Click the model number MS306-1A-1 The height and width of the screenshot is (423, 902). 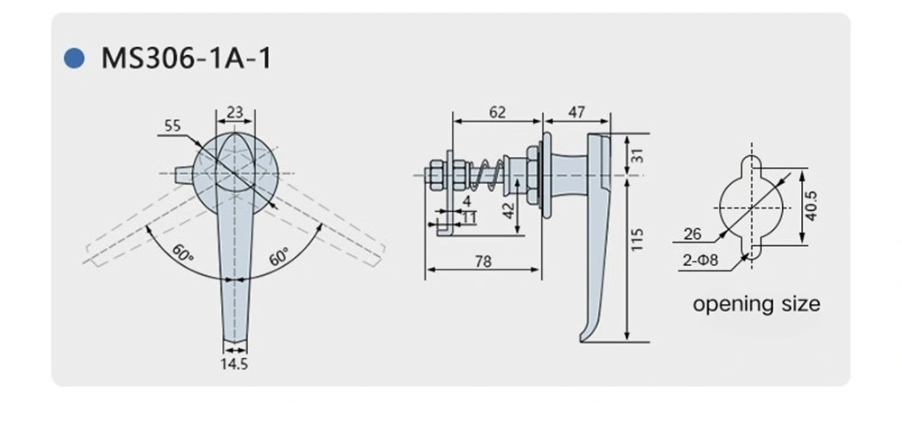tap(185, 59)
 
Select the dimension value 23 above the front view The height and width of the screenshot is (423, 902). tap(234, 113)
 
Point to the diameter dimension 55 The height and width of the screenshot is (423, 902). tap(171, 126)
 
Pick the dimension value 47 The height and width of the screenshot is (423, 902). tap(575, 113)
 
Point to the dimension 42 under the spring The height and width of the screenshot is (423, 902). tap(507, 211)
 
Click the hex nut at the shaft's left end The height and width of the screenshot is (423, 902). tap(435, 171)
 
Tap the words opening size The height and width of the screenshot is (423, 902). tap(756, 304)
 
